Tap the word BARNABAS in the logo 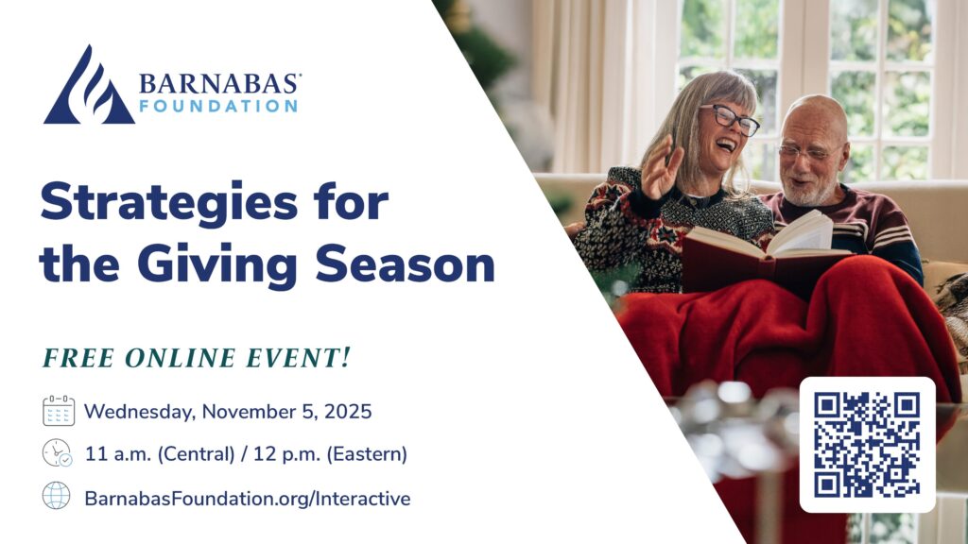tap(219, 84)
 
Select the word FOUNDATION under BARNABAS tap(218, 106)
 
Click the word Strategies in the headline tap(169, 203)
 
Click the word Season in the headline tap(406, 264)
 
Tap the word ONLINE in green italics tap(181, 358)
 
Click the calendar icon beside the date tap(59, 411)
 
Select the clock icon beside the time tap(57, 453)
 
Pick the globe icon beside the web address tap(56, 495)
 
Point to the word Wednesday tap(140, 412)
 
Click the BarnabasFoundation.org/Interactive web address tap(247, 499)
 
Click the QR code tap(867, 444)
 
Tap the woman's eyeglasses tap(730, 118)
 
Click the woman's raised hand tap(662, 167)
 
